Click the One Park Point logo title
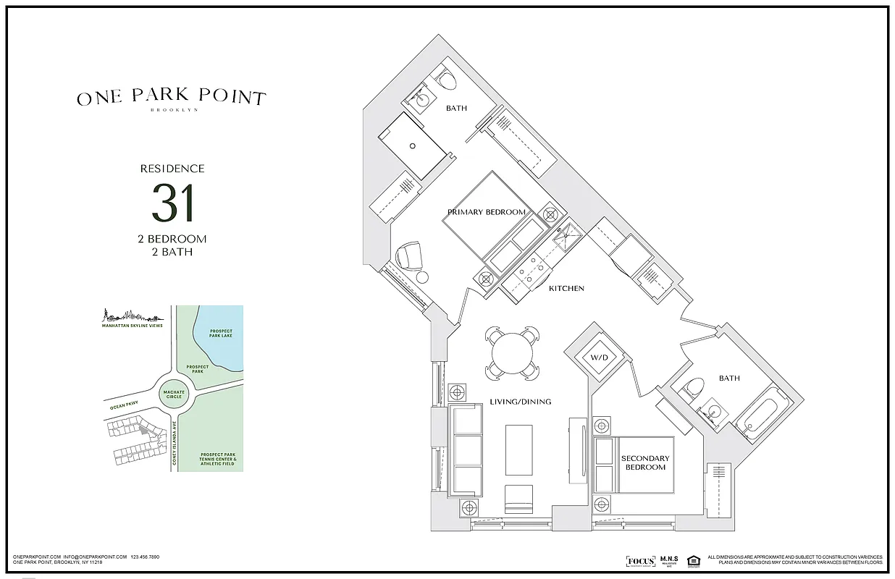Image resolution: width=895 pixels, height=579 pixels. pyautogui.click(x=172, y=98)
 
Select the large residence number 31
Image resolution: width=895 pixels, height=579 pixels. pyautogui.click(x=172, y=203)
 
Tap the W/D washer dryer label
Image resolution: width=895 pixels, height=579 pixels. pyautogui.click(x=599, y=357)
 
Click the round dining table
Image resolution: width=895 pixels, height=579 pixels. pyautogui.click(x=513, y=352)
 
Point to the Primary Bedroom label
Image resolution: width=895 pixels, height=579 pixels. pyautogui.click(x=486, y=212)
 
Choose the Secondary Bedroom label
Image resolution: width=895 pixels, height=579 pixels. pyautogui.click(x=645, y=462)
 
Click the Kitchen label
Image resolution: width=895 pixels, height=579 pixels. pyautogui.click(x=566, y=288)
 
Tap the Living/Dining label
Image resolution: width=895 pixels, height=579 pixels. pyautogui.click(x=521, y=402)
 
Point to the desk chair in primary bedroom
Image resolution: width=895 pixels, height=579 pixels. pyautogui.click(x=409, y=255)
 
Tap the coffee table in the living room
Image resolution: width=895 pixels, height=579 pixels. pyautogui.click(x=518, y=449)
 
